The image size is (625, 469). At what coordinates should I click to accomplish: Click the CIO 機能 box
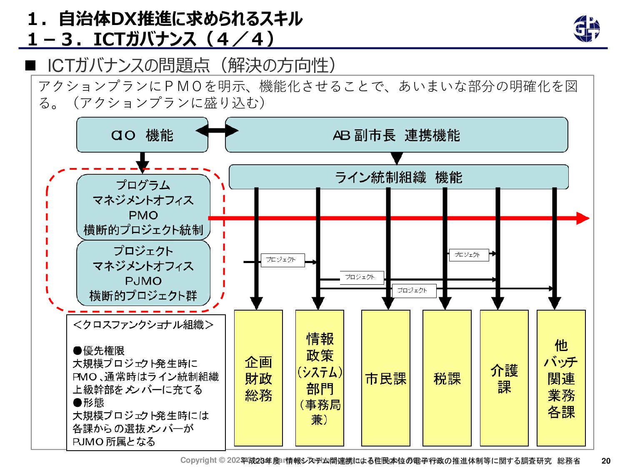tap(142, 135)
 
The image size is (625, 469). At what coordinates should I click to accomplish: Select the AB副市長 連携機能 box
tap(396, 135)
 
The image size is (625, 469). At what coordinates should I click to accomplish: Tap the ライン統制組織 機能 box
tap(398, 177)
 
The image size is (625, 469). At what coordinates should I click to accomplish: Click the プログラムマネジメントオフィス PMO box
tap(143, 207)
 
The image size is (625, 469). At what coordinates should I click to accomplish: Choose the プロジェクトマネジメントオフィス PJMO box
tap(143, 273)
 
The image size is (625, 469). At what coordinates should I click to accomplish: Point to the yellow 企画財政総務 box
tap(258, 378)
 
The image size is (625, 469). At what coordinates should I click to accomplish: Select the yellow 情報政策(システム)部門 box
tap(320, 378)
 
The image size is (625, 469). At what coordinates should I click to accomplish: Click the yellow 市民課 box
tap(385, 378)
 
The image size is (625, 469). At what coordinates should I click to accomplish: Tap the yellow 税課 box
tap(447, 378)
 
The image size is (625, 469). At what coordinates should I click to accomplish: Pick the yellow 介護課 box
tap(504, 378)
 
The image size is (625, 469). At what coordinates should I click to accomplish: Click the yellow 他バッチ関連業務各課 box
tap(561, 378)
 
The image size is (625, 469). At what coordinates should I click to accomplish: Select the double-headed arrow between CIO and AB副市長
tap(217, 131)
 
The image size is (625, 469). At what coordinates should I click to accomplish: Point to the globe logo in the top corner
tap(586, 29)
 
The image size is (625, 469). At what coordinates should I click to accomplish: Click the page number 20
tap(606, 461)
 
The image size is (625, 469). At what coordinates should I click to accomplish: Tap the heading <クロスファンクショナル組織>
tap(143, 325)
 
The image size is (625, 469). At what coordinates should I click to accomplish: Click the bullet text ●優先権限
tap(99, 351)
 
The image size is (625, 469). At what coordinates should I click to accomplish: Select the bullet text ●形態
tap(88, 403)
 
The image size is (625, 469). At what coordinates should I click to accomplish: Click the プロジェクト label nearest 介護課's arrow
tap(469, 255)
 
